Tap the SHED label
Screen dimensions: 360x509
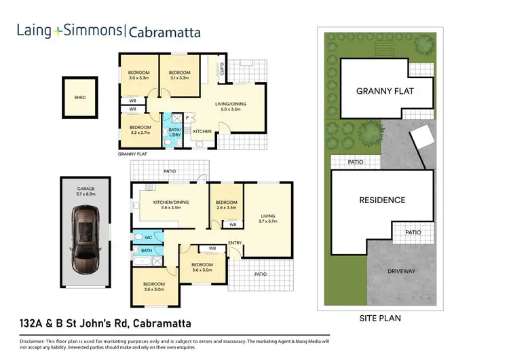tap(80, 97)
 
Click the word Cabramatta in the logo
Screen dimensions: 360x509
tap(164, 31)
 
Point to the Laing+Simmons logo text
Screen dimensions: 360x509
tap(69, 31)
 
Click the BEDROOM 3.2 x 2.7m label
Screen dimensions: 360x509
tap(140, 130)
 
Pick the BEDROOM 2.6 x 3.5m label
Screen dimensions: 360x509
tap(226, 204)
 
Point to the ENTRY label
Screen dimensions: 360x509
tap(235, 242)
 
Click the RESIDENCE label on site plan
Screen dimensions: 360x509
tap(382, 200)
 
